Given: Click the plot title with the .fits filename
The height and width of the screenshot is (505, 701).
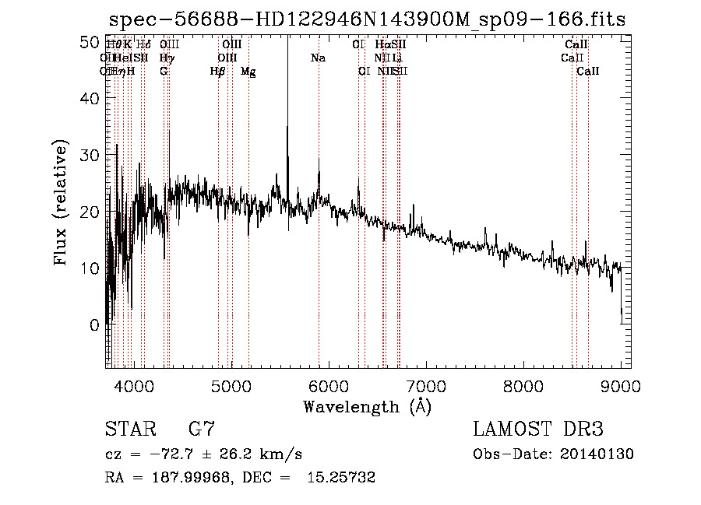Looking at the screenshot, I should tap(367, 20).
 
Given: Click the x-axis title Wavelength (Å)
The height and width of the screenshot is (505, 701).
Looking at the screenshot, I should tap(367, 406).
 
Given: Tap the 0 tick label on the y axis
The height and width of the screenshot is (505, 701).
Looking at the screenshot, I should tap(94, 324).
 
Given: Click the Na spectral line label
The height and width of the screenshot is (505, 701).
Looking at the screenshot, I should tap(318, 58).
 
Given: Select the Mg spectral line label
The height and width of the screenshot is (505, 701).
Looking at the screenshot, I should tap(248, 72).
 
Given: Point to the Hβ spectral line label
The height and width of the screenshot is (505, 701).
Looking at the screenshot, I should tap(218, 72).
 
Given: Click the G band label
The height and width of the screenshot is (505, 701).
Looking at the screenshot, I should tap(164, 72).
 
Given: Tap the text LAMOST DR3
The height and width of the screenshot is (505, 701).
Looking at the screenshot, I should tap(538, 430).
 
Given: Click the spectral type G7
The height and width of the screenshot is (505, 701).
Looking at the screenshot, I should tap(201, 430).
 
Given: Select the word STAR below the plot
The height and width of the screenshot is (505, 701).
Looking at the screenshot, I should tap(130, 430).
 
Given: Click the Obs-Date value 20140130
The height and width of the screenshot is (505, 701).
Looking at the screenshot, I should tap(601, 454).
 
